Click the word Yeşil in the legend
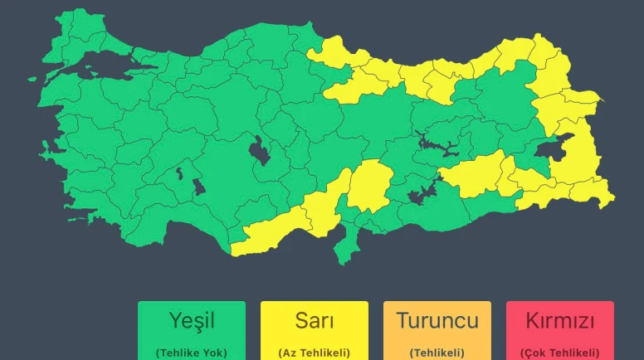192,320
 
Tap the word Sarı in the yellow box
315,320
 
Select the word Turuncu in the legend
437,320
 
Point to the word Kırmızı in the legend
560,320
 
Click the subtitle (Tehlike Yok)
192,353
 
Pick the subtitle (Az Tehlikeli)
315,353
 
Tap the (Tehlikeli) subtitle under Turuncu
437,353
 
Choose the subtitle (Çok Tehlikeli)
560,353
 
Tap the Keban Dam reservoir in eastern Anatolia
436,144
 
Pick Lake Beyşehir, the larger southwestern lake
199,185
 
